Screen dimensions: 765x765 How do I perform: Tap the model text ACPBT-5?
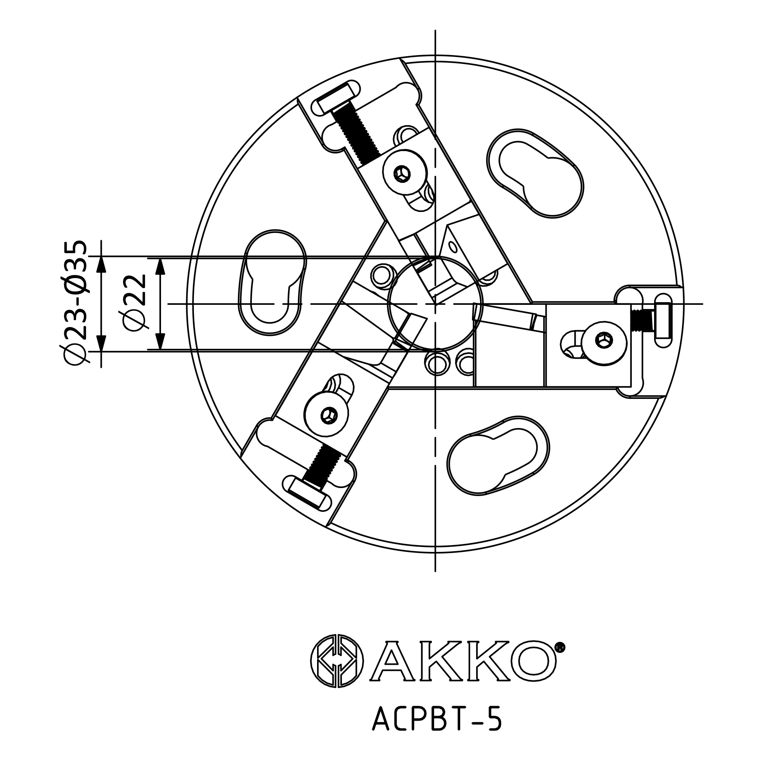437,720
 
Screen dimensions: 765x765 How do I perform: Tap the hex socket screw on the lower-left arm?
327,415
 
